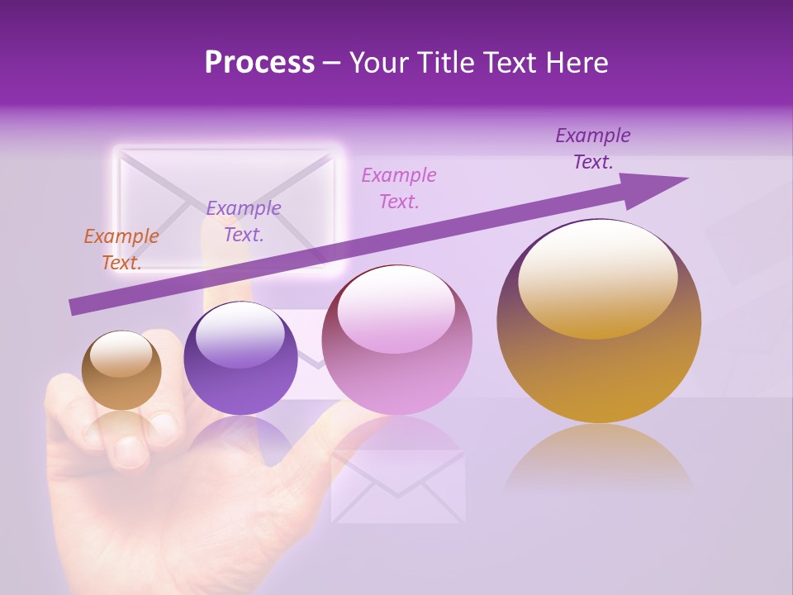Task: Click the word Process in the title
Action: (x=259, y=63)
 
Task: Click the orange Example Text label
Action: (x=121, y=249)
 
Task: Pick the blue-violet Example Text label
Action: (x=244, y=221)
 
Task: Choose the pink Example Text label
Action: (x=399, y=188)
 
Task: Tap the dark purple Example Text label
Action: (x=593, y=149)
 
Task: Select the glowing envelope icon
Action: (x=227, y=207)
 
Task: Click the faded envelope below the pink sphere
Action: (x=397, y=488)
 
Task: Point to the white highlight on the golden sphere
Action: (x=597, y=277)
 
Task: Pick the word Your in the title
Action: (x=381, y=63)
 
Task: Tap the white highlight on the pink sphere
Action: (x=396, y=310)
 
